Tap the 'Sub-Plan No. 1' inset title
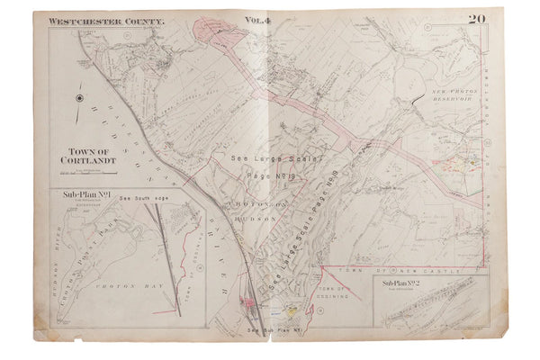84,193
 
